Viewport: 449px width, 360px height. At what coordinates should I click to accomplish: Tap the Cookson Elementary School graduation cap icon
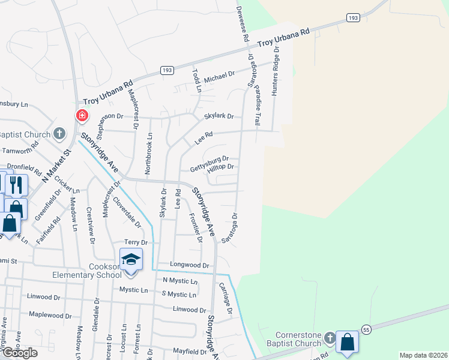click(131, 260)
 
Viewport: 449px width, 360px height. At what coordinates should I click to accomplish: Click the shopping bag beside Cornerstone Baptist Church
click(347, 342)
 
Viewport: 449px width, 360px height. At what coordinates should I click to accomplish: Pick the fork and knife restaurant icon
click(16, 185)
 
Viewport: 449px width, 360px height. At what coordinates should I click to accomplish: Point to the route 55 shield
click(367, 330)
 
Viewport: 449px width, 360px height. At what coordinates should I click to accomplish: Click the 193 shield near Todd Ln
click(167, 71)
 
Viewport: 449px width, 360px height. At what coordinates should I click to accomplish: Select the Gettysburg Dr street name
click(209, 163)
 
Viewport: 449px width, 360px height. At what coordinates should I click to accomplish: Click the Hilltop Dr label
click(220, 169)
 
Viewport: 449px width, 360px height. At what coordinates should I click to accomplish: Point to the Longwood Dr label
click(189, 265)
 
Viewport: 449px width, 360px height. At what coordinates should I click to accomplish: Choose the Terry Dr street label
click(135, 242)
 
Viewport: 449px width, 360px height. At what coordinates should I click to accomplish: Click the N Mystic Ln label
click(179, 281)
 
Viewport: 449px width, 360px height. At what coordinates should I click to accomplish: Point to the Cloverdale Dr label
click(127, 213)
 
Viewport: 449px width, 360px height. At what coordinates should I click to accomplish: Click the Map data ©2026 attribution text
click(423, 355)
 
